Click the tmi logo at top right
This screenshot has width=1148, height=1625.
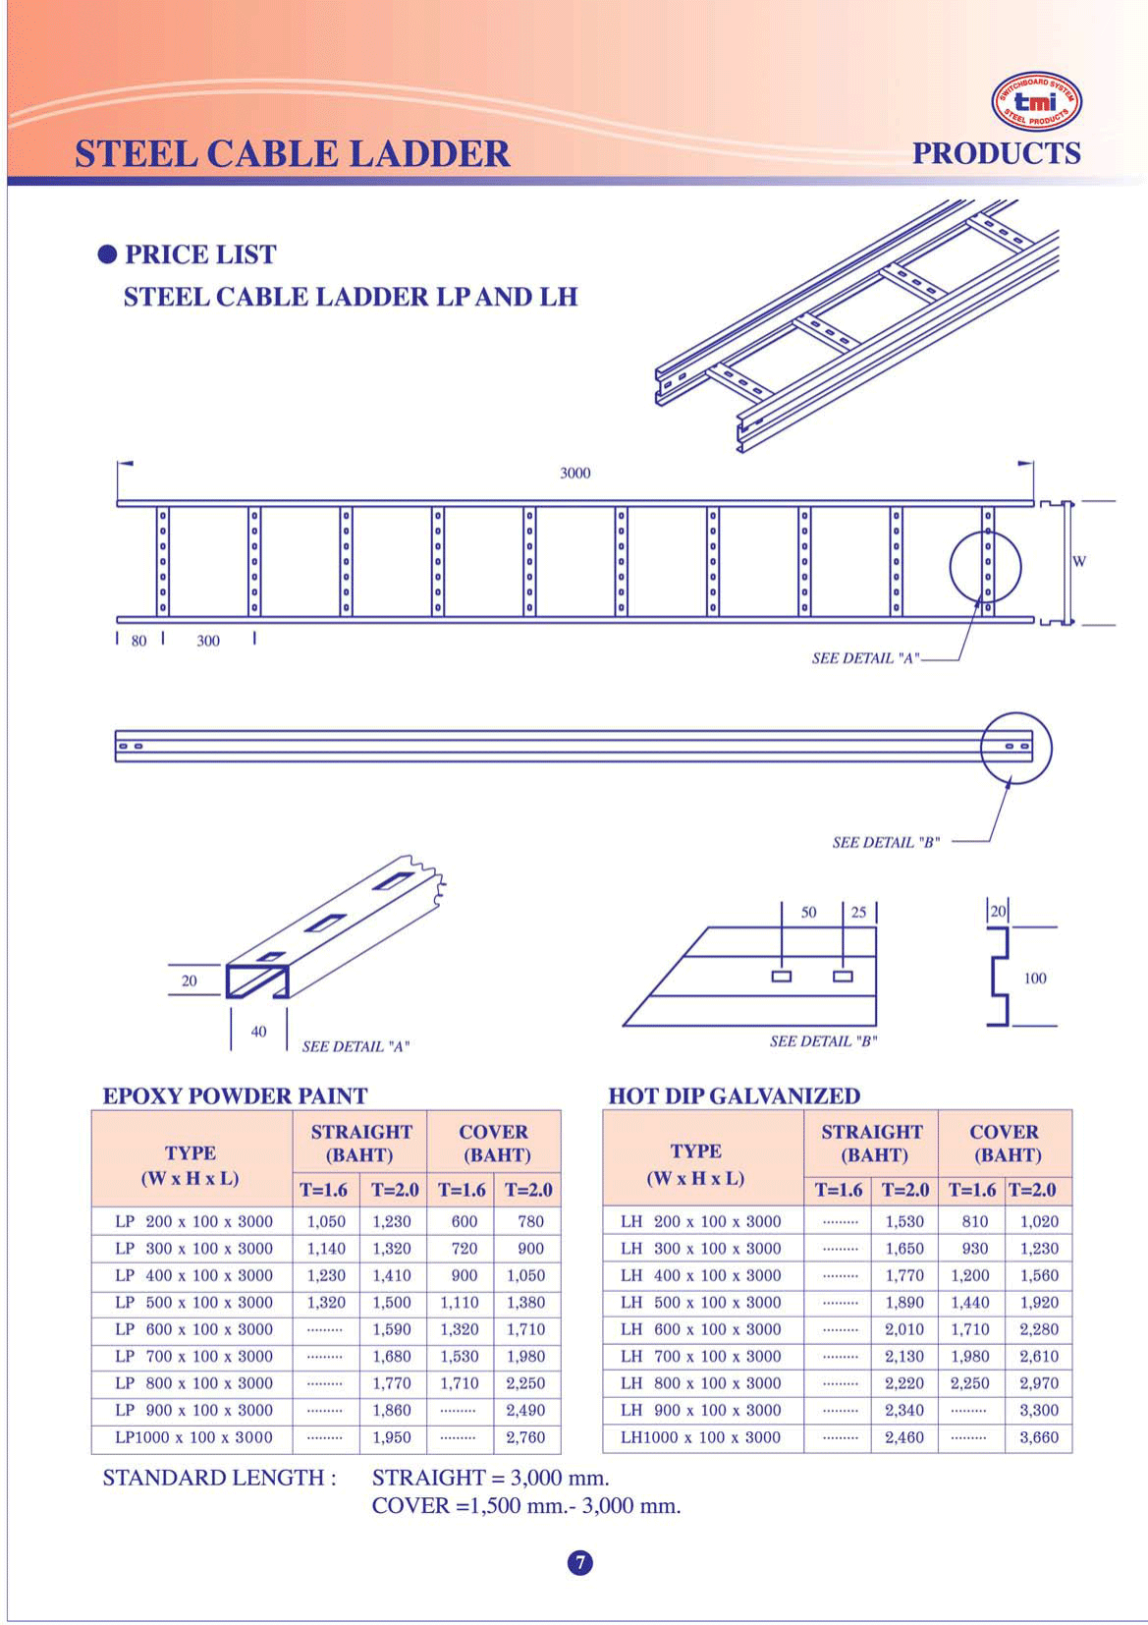pyautogui.click(x=1037, y=101)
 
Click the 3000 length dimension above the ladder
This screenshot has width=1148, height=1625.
pyautogui.click(x=574, y=474)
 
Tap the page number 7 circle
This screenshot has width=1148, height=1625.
pyautogui.click(x=580, y=1562)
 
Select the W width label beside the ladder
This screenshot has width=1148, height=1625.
pyautogui.click(x=1079, y=562)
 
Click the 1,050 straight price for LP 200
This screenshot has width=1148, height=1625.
pyautogui.click(x=326, y=1222)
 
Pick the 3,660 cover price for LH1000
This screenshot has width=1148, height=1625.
pyautogui.click(x=1038, y=1437)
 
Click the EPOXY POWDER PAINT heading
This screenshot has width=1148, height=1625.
pyautogui.click(x=235, y=1096)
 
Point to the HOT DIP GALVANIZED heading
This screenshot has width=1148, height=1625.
pyautogui.click(x=734, y=1096)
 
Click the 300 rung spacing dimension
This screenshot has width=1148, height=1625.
pyautogui.click(x=208, y=642)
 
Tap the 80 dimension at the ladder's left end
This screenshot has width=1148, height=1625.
pyautogui.click(x=138, y=642)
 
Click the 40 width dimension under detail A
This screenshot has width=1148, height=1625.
pyautogui.click(x=258, y=1032)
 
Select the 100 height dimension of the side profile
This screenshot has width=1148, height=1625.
pyautogui.click(x=1035, y=979)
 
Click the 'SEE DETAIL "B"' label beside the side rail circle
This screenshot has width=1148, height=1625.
pyautogui.click(x=886, y=843)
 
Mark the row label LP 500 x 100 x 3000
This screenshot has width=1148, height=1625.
pyautogui.click(x=193, y=1303)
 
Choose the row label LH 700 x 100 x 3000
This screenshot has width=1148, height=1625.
pyautogui.click(x=700, y=1357)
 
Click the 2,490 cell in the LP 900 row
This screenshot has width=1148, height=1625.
pyautogui.click(x=525, y=1411)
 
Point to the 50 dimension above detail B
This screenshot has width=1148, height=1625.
pyautogui.click(x=808, y=913)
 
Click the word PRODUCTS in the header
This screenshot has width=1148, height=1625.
pyautogui.click(x=996, y=154)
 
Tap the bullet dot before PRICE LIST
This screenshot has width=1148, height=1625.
pyautogui.click(x=107, y=255)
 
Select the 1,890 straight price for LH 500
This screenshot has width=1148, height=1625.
pyautogui.click(x=904, y=1303)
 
